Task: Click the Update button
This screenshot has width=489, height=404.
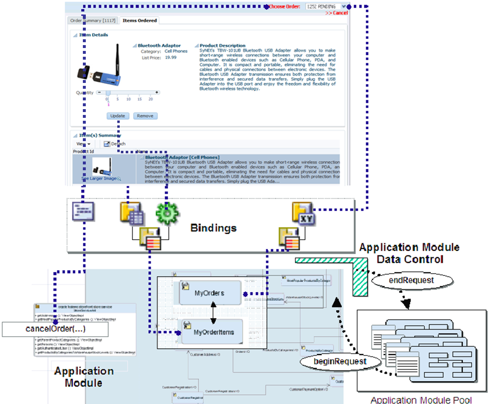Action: (117, 116)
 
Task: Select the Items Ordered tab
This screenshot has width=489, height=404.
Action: (140, 20)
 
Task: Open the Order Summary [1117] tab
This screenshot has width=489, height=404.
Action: (86, 20)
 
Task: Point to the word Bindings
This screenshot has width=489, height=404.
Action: (213, 227)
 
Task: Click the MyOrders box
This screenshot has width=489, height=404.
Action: (209, 293)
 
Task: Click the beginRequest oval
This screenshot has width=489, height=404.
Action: (333, 361)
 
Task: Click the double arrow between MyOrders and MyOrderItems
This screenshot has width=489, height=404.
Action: (212, 313)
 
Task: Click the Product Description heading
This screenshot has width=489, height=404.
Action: (222, 46)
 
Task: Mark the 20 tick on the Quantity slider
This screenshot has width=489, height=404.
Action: (151, 99)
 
